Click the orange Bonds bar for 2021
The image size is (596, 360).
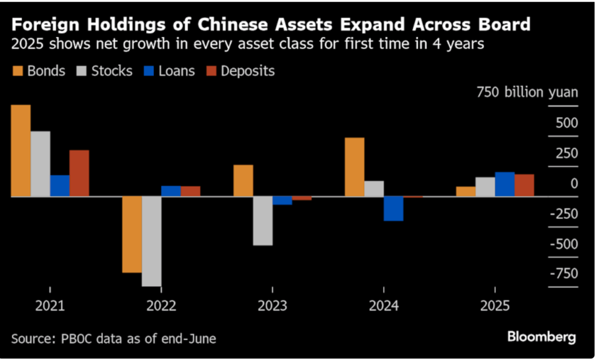pyautogui.click(x=21, y=151)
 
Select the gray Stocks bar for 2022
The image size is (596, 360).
pyautogui.click(x=151, y=241)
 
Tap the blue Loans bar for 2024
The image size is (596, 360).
pyautogui.click(x=393, y=209)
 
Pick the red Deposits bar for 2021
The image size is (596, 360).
pyautogui.click(x=79, y=173)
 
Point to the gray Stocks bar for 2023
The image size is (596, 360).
pyautogui.click(x=262, y=221)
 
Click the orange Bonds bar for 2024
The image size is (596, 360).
pyautogui.click(x=354, y=167)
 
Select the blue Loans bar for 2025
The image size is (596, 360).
pyautogui.click(x=505, y=184)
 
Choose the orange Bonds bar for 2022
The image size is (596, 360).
pyautogui.click(x=132, y=234)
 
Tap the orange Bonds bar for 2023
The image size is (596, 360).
pyautogui.click(x=243, y=181)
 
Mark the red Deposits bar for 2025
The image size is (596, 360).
pyautogui.click(x=524, y=186)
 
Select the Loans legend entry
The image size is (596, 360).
pyautogui.click(x=169, y=72)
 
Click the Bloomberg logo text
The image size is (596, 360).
pyautogui.click(x=541, y=337)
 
